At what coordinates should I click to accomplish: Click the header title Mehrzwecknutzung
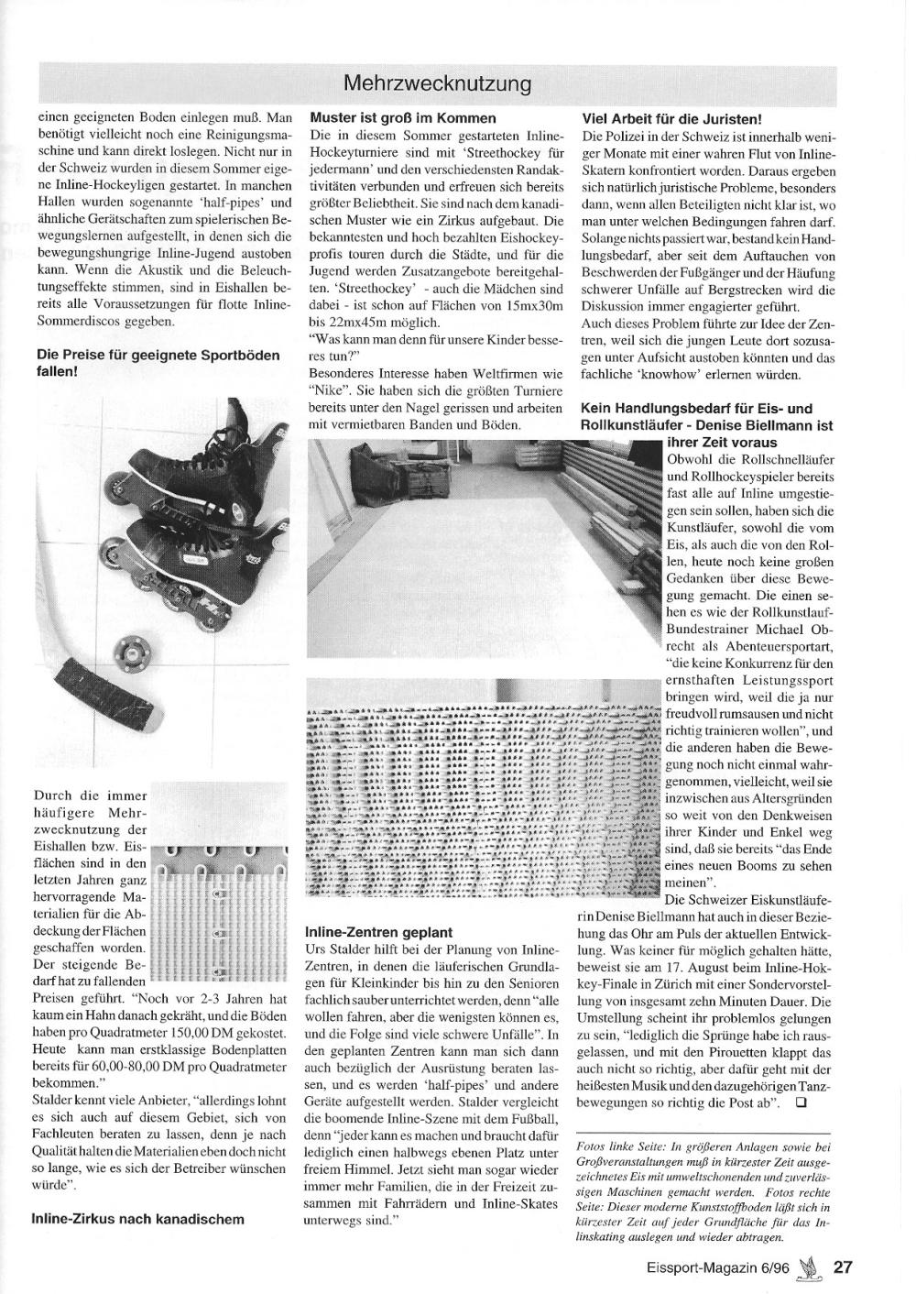438,83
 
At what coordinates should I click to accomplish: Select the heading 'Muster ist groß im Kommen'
403,118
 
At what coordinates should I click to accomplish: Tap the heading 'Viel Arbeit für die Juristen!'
672,118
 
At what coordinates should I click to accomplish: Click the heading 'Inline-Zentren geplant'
378,931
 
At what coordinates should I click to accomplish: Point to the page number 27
843,1267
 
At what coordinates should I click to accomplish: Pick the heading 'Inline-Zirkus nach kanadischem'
138,1219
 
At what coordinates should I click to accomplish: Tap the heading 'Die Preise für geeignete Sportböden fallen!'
158,364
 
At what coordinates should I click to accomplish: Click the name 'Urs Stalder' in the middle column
337,949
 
